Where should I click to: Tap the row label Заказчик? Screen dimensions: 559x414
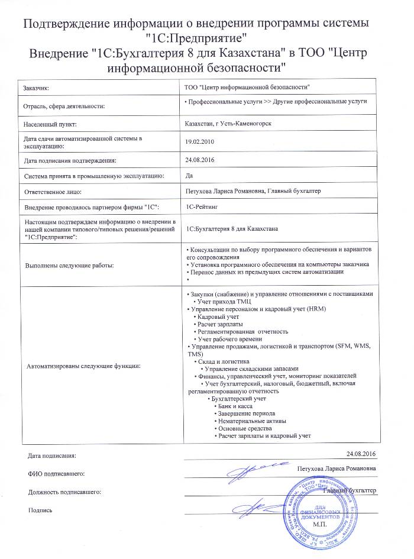click(36, 88)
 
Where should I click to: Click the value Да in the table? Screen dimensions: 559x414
click(189, 176)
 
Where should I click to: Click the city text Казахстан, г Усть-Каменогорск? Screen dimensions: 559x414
click(228, 124)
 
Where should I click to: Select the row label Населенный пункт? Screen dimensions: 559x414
click(50, 124)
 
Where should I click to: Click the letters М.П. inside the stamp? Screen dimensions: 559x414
click(320, 525)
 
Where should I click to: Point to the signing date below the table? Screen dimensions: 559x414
click(362, 453)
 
